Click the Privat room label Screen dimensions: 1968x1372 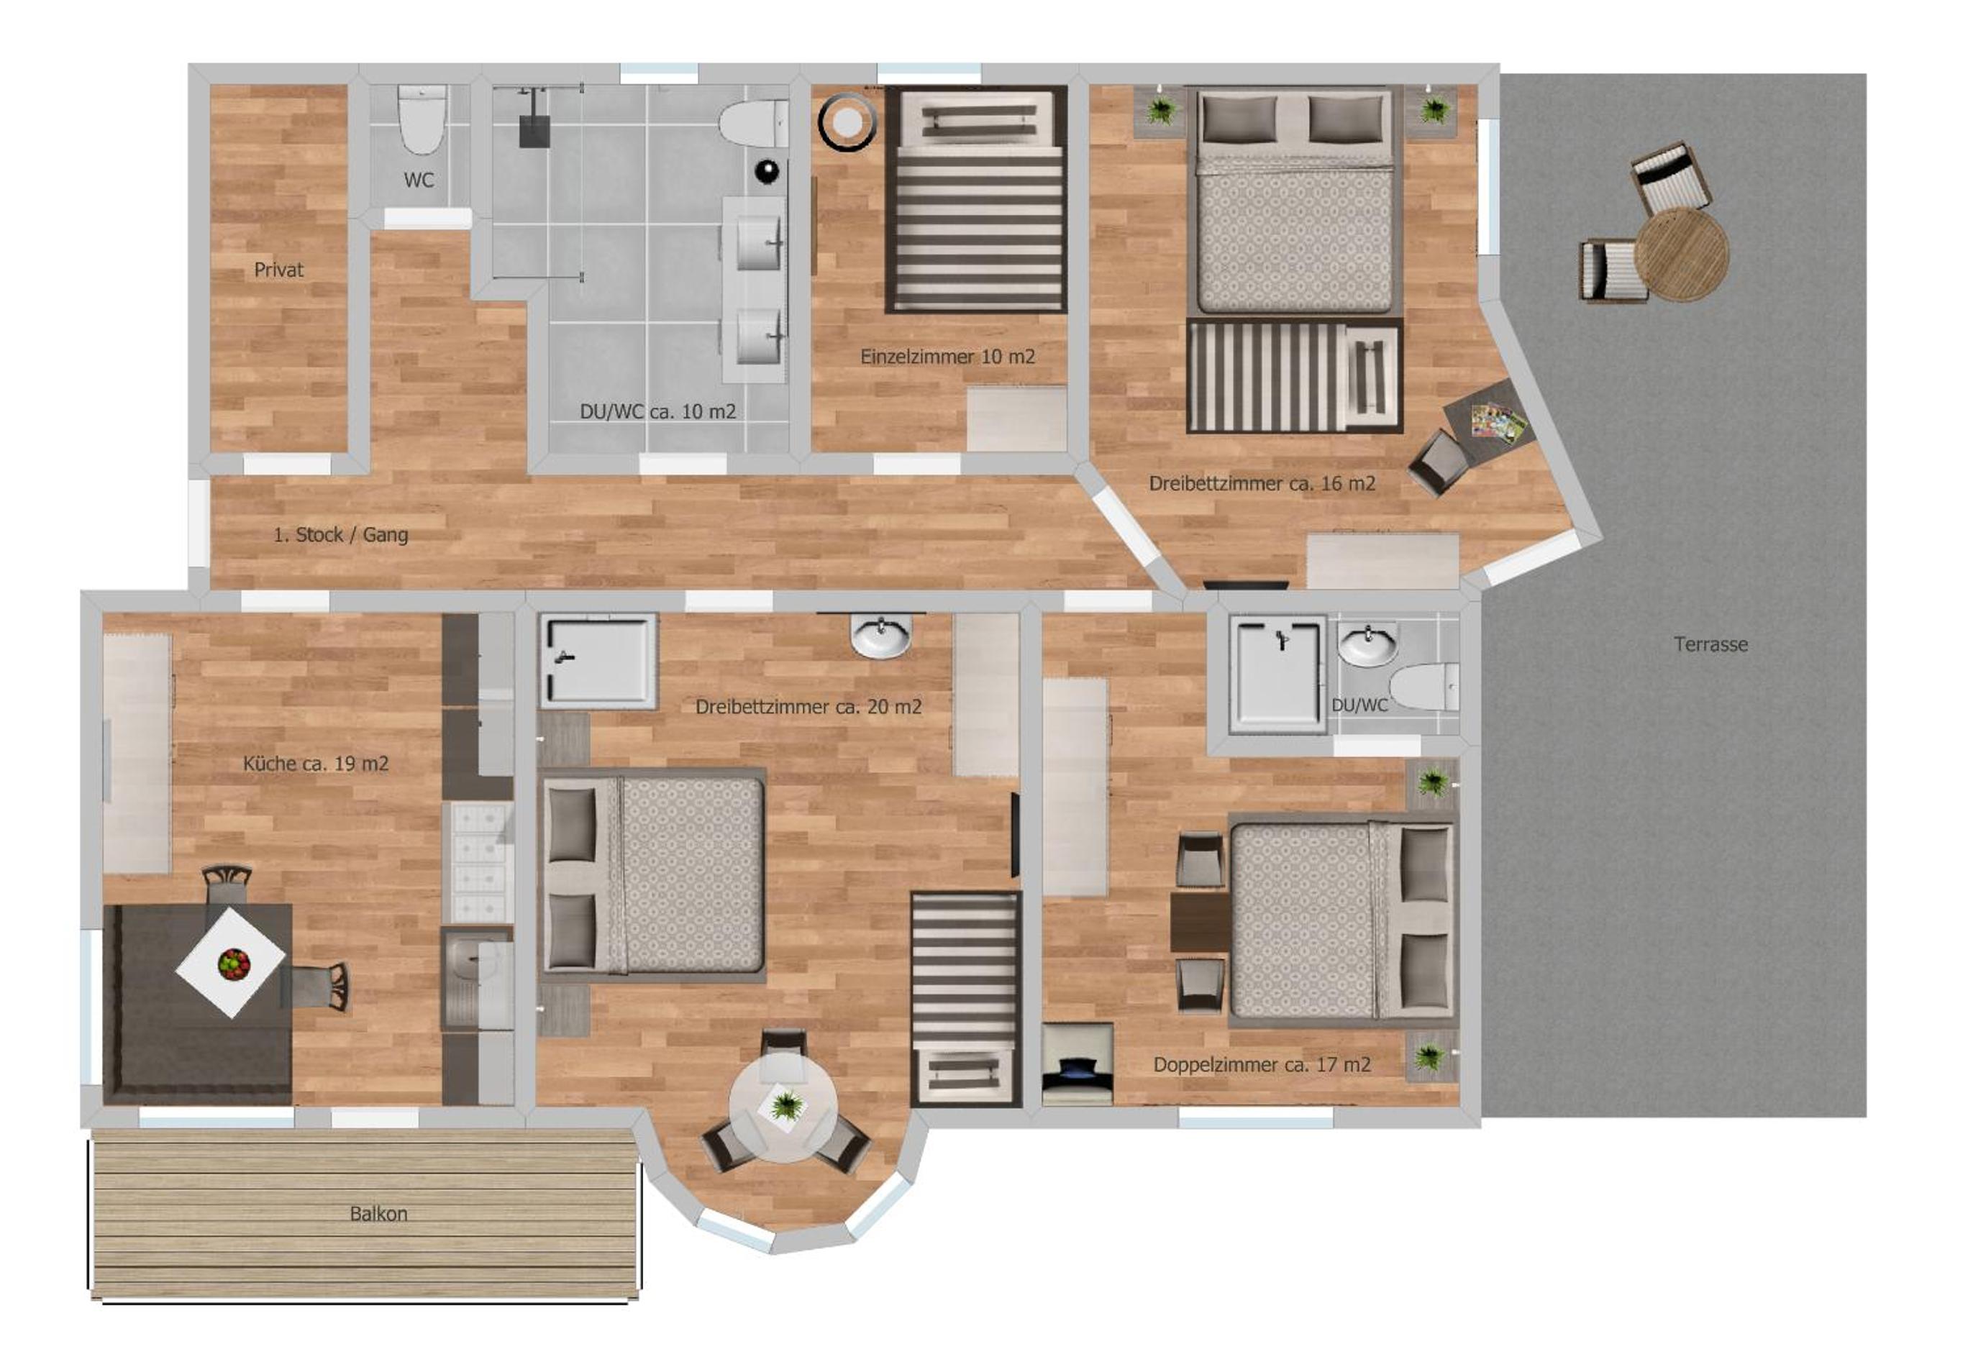point(278,270)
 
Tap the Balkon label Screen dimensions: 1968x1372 point(378,1215)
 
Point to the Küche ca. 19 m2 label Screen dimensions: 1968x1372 point(316,764)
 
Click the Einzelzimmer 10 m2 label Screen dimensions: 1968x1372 point(948,357)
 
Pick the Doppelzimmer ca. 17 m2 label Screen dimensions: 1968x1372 point(1262,1065)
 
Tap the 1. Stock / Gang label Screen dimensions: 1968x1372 point(340,535)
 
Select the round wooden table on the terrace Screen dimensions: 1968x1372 point(1681,254)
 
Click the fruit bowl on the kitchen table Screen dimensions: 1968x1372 point(233,964)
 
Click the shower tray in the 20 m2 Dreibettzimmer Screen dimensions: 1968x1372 point(598,660)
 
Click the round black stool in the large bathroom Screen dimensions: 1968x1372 point(768,171)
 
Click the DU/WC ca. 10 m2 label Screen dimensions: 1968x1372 point(657,411)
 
